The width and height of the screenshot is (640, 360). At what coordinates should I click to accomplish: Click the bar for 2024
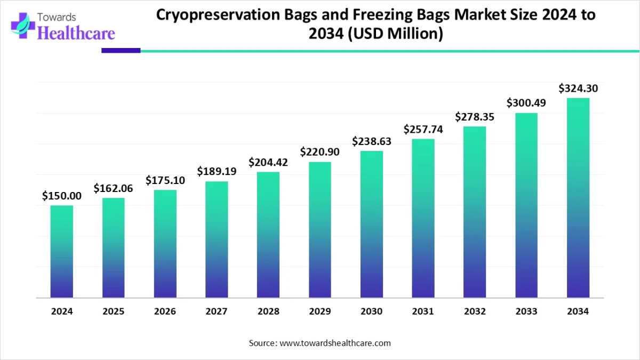62,251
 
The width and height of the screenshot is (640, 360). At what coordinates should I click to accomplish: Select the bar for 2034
578,198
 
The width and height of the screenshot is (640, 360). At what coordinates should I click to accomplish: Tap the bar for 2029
320,229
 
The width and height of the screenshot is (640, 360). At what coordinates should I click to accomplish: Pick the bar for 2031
423,218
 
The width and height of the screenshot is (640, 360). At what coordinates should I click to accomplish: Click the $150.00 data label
62,196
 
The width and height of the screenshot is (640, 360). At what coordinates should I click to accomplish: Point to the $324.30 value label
578,89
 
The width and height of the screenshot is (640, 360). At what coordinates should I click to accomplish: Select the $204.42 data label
268,162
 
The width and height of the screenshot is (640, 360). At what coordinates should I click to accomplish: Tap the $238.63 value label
372,141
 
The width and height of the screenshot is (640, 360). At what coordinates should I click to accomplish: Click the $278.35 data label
475,116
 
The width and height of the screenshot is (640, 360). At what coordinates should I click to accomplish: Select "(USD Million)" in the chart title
396,34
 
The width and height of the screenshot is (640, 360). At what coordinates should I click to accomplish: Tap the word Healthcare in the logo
76,33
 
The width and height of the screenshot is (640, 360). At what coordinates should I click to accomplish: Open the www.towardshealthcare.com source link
335,343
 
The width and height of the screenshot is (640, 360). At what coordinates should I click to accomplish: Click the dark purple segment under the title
121,51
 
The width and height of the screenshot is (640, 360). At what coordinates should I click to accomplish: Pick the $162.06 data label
114,188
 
